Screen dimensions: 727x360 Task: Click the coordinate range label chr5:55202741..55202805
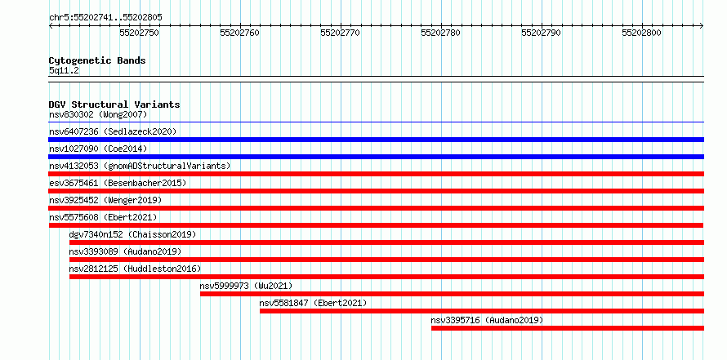point(105,18)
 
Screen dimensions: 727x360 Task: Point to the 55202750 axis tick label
point(139,33)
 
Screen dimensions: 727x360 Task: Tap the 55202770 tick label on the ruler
point(341,33)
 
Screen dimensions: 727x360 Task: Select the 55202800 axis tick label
point(642,33)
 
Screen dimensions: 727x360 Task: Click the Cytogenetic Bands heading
point(97,60)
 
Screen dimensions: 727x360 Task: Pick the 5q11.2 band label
point(64,71)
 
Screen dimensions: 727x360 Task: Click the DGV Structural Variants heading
point(114,104)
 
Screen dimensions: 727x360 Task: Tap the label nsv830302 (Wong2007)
point(98,114)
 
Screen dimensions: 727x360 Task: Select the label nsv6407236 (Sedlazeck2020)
point(113,131)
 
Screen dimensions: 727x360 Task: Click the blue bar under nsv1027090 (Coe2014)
point(377,157)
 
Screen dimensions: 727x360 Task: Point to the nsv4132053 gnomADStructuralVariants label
point(140,166)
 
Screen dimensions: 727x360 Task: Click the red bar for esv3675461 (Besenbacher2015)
point(377,191)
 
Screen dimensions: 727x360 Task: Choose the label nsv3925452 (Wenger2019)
point(105,200)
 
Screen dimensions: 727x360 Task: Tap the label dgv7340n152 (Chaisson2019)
point(132,234)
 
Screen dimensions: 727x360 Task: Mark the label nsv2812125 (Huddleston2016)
point(135,269)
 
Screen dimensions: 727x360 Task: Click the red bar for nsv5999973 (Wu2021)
point(452,294)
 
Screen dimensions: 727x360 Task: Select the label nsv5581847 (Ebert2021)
point(313,303)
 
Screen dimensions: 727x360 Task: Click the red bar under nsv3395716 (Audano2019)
point(568,328)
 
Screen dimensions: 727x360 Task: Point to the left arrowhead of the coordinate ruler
point(51,26)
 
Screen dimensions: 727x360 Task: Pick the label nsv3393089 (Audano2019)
point(125,251)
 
